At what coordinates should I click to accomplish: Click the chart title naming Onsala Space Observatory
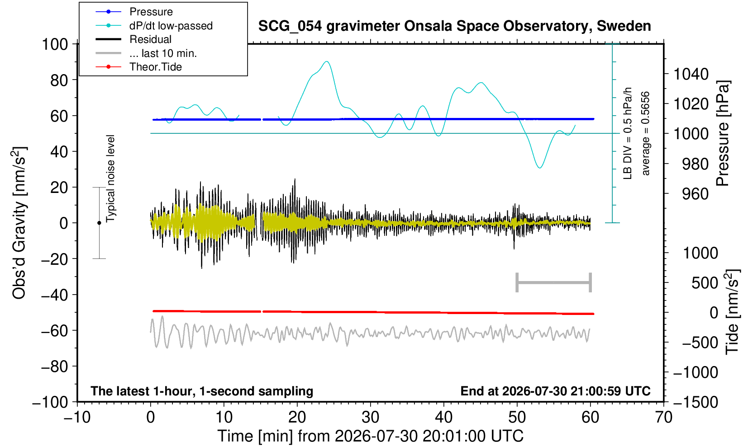click(x=454, y=26)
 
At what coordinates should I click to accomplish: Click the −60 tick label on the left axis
click(x=54, y=331)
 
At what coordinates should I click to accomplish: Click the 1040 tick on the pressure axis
click(x=691, y=74)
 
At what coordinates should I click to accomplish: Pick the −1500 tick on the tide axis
click(x=696, y=402)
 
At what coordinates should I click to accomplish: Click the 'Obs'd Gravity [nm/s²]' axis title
click(x=19, y=223)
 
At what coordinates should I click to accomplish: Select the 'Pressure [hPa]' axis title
click(x=723, y=133)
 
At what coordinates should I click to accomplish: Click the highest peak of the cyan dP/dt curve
click(x=327, y=61)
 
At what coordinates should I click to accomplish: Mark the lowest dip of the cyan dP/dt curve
click(x=540, y=168)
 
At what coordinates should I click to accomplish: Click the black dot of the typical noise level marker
click(x=99, y=223)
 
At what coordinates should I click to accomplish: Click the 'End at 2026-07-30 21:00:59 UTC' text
click(x=555, y=391)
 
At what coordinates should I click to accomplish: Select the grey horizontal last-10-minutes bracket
click(x=554, y=282)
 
